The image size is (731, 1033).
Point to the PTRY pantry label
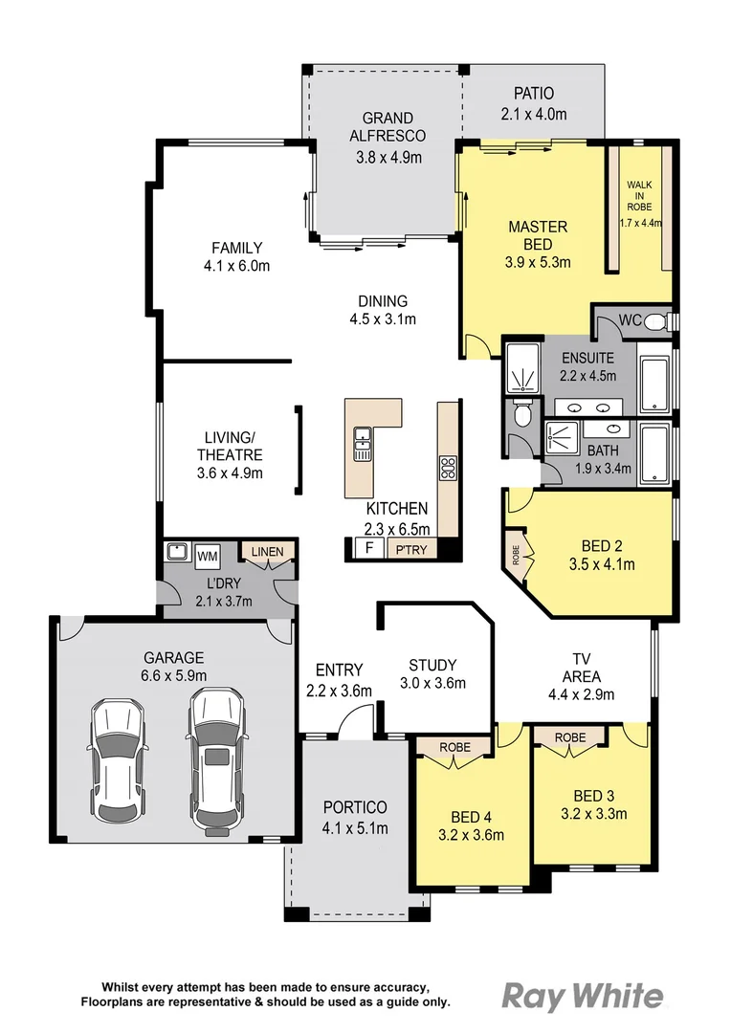[x=411, y=549]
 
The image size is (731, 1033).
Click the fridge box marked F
[x=366, y=548]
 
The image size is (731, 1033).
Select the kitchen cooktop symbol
[x=447, y=468]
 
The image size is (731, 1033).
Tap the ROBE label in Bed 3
[x=570, y=737]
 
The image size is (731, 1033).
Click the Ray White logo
[x=582, y=996]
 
